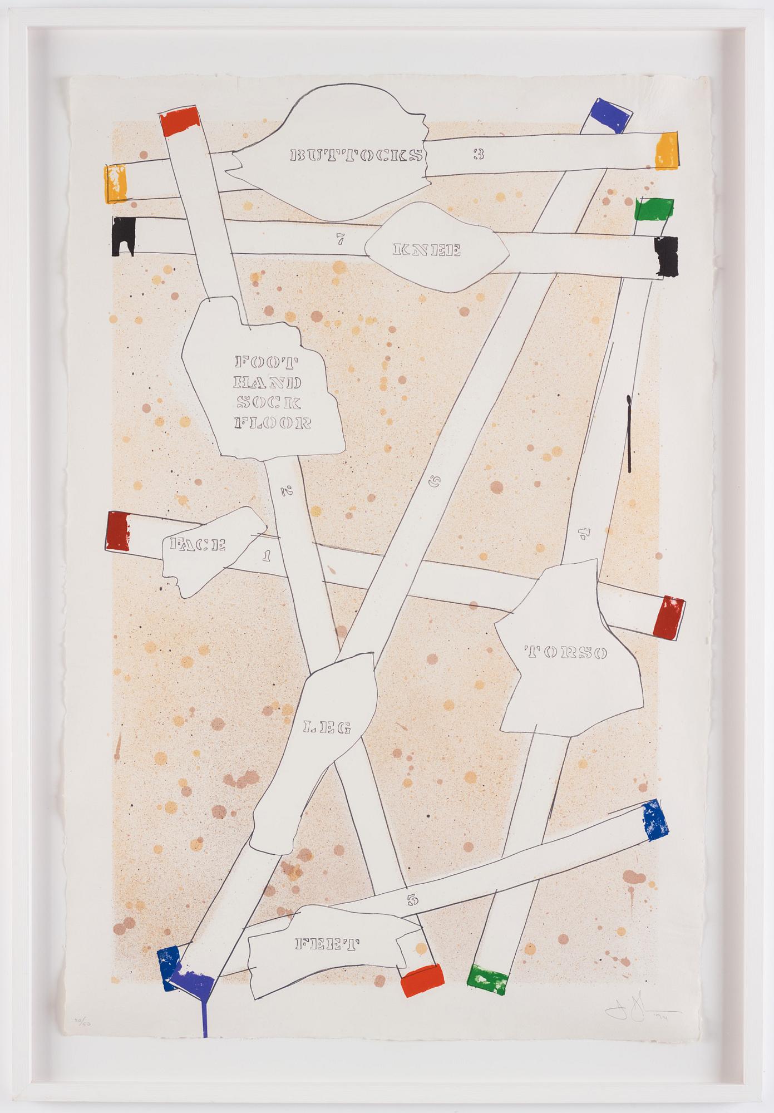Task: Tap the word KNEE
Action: pos(427,250)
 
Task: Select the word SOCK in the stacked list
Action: pos(269,402)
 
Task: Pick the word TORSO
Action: pos(565,652)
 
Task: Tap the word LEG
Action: pos(326,727)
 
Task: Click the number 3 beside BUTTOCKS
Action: pos(479,154)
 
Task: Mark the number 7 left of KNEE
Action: pos(340,241)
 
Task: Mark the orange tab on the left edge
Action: pos(115,184)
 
